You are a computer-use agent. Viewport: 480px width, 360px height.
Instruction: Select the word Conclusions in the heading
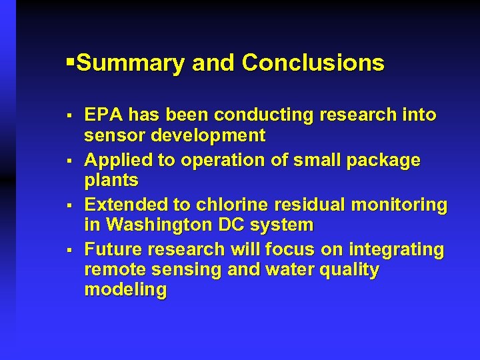point(313,63)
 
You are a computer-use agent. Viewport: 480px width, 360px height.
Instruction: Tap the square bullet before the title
point(71,63)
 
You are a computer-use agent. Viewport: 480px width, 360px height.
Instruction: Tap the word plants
point(111,181)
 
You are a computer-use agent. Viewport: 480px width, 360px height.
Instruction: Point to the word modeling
point(125,291)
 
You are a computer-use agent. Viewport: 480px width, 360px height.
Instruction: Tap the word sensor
point(113,136)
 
